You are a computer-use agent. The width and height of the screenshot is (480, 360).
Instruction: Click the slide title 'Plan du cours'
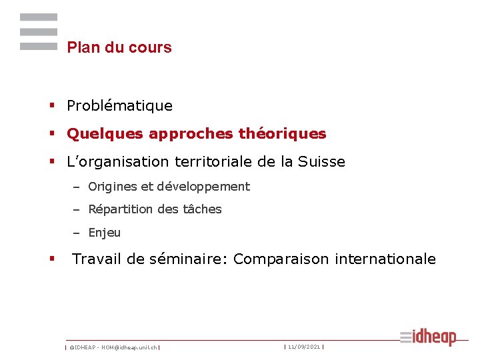click(x=119, y=47)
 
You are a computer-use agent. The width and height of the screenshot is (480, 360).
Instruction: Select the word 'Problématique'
click(x=120, y=106)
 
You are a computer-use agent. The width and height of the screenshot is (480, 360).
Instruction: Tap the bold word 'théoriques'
click(x=282, y=134)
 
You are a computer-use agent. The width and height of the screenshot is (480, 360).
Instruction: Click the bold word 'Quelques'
click(x=105, y=134)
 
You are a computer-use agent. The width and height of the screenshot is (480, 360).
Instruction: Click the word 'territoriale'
click(x=209, y=162)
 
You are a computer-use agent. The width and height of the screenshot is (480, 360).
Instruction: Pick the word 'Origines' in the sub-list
click(x=113, y=187)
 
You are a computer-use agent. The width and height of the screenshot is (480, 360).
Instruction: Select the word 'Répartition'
click(x=121, y=209)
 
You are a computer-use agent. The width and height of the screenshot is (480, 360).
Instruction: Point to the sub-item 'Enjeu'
click(x=105, y=233)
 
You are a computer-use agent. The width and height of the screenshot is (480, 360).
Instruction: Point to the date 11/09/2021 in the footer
click(x=304, y=347)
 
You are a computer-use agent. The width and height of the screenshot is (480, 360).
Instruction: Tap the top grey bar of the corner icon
click(x=39, y=17)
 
